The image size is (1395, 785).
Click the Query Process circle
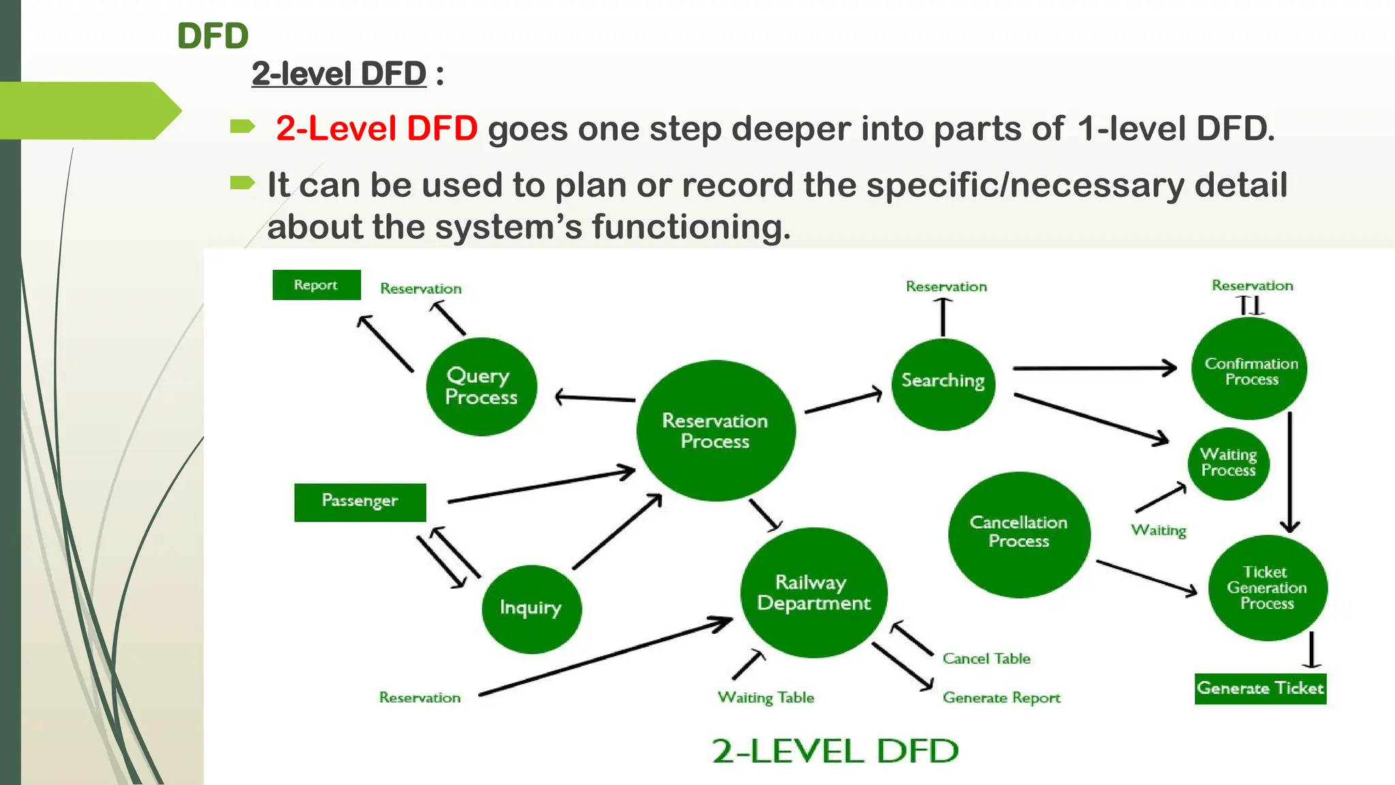[x=481, y=386]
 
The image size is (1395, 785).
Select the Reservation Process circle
[x=715, y=431]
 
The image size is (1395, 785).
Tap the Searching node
[x=943, y=383]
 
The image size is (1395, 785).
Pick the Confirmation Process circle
[x=1250, y=369]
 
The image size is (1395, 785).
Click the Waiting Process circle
[x=1228, y=463]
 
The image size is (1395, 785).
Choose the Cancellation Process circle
[x=1018, y=534]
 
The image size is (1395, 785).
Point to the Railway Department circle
[x=813, y=592]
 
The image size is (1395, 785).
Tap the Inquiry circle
[x=531, y=609]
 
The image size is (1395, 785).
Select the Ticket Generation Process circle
[x=1267, y=587]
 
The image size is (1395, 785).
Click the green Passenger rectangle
[x=360, y=502]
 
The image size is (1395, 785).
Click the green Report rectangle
[x=316, y=285]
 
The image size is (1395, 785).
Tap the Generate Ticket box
[x=1260, y=688]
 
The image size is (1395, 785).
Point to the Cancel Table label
[x=986, y=658]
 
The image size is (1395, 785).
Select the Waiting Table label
[x=766, y=698]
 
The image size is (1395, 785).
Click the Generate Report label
[x=1001, y=698]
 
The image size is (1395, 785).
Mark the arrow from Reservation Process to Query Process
[x=595, y=398]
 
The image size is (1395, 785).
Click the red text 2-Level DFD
[x=377, y=128]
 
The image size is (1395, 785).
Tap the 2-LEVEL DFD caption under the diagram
[x=834, y=751]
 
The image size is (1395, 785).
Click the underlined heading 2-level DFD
[x=339, y=74]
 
